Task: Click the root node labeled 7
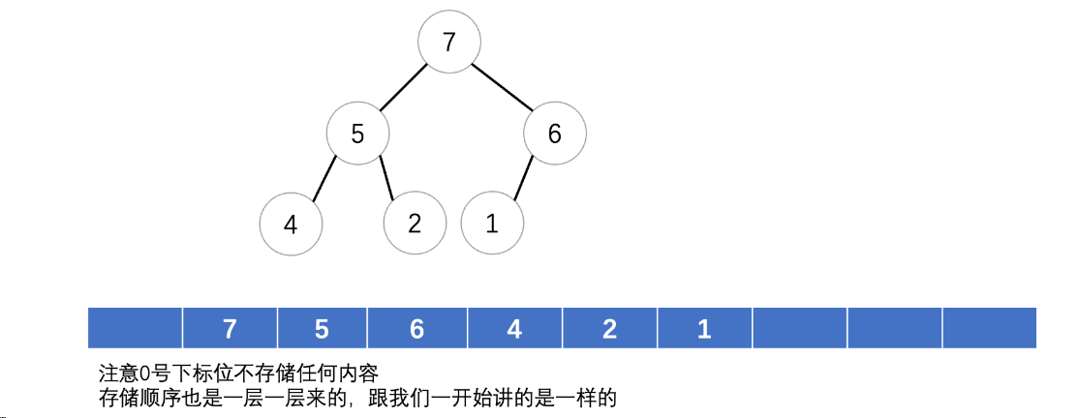tap(448, 43)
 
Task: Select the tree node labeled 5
tap(357, 134)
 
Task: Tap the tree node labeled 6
tap(554, 134)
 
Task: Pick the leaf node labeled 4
tap(291, 224)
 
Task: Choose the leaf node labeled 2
tap(415, 224)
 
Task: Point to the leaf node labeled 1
tap(492, 224)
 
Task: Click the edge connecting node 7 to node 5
tap(403, 88)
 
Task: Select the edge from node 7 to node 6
tap(504, 86)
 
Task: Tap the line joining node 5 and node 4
tap(324, 179)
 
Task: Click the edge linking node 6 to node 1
tap(525, 178)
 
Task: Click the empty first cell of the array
tap(135, 328)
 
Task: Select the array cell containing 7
tap(230, 328)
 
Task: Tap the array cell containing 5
tap(323, 328)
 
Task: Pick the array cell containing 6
tap(416, 328)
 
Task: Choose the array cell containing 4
tap(514, 328)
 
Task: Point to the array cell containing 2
tap(609, 328)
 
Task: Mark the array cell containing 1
tap(704, 328)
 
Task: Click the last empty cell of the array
tap(989, 328)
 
